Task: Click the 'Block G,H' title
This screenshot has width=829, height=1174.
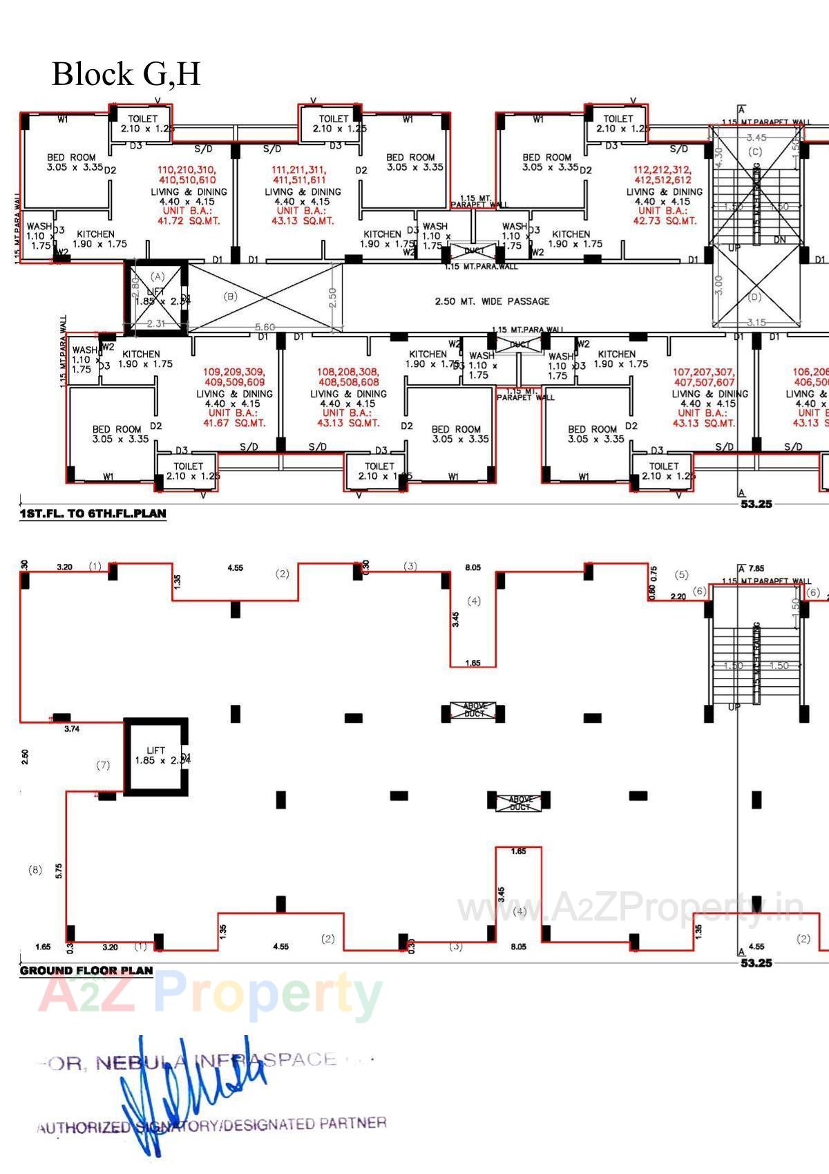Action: tap(126, 74)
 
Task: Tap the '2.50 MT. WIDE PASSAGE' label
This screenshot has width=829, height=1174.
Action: tap(492, 301)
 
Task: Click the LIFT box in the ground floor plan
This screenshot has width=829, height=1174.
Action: tap(156, 757)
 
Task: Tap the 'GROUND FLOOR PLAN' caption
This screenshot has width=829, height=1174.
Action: tap(86, 970)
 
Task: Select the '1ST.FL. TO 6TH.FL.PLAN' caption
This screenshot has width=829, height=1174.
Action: tap(93, 514)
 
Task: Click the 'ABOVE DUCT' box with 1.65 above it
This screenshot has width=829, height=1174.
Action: tap(473, 710)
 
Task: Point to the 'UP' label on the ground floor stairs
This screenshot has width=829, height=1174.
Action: tap(734, 708)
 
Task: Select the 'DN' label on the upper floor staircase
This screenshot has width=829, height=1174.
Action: tap(779, 240)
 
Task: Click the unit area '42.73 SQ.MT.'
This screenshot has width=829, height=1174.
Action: tap(665, 221)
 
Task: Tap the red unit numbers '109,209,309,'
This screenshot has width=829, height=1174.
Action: tap(234, 372)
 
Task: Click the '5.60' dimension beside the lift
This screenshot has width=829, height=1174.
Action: tap(265, 327)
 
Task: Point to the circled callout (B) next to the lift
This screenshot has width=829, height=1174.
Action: tap(231, 296)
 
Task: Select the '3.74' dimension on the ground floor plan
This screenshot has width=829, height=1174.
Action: tap(71, 729)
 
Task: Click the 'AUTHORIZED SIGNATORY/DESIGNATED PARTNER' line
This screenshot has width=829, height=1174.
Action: tap(211, 1126)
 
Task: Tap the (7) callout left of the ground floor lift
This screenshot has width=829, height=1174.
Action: tap(103, 765)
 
